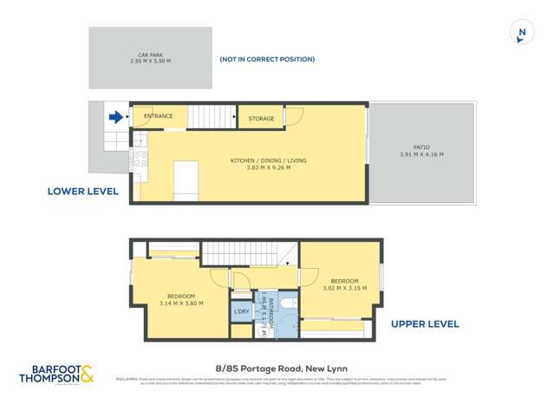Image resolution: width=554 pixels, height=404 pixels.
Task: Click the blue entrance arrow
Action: click(115, 116)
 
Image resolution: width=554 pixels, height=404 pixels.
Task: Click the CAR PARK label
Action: click(150, 55)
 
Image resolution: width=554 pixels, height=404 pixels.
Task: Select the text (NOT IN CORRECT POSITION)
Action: click(266, 59)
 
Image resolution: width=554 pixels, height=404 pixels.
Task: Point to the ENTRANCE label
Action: click(159, 116)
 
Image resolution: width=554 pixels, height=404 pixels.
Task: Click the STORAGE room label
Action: click(261, 119)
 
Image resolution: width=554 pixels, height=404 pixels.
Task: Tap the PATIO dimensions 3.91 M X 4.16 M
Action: click(421, 154)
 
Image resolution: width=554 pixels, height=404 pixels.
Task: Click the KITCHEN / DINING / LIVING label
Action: click(268, 160)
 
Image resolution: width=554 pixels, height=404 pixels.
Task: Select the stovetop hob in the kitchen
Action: click(138, 159)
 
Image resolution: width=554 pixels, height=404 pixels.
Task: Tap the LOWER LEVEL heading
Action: click(83, 191)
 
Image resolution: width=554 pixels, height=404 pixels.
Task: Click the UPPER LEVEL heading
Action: click(425, 324)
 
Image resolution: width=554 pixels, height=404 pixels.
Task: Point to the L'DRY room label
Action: click(241, 311)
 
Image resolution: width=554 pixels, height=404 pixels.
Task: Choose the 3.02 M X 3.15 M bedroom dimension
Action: click(344, 289)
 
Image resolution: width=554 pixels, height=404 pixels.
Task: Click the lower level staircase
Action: click(212, 116)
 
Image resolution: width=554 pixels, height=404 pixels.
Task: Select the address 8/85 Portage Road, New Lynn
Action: click(280, 368)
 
